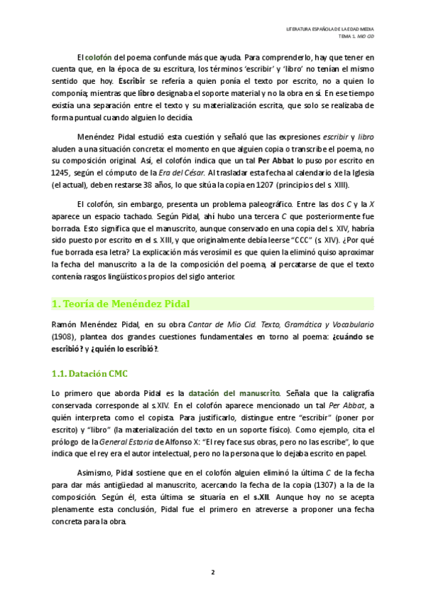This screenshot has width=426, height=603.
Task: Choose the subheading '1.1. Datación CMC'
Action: pos(90,374)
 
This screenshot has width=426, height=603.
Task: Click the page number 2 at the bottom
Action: pos(213,572)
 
